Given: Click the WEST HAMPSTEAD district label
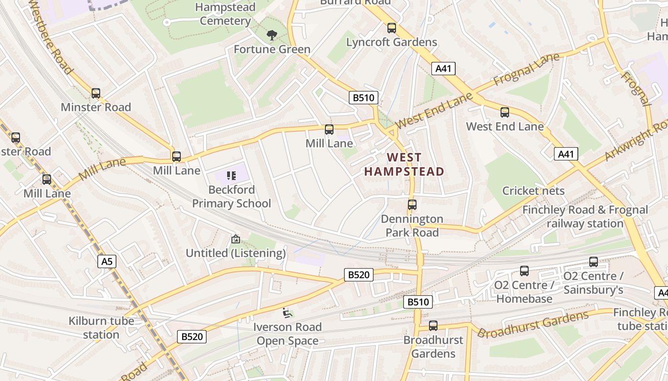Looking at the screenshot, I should pos(404,164).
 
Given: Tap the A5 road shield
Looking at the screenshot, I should pos(107,261).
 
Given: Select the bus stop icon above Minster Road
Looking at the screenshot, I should pos(96,93).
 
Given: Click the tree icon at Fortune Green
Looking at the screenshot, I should pos(272,35).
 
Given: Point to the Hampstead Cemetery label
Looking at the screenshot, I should pos(225,14).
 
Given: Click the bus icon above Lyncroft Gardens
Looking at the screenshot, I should pos(392,28).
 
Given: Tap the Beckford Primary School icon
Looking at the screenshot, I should pos(231,175).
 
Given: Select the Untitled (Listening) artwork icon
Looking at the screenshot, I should pos(235,239).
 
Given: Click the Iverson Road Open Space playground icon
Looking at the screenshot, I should pos(287,312).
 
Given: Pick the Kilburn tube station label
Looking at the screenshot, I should pos(101,328).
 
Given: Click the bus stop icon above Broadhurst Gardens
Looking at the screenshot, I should pos(433,326).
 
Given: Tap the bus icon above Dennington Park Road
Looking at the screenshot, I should pos(412,205).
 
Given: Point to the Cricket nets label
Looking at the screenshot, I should pos(533,191).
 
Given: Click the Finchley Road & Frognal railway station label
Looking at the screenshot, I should pos(585,217).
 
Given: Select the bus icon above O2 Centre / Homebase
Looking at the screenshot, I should pos(524,271).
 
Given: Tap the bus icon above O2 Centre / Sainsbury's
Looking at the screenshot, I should pos(593,262).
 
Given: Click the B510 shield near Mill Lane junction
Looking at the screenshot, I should pos(364,98).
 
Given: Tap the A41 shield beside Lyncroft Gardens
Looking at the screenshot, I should pos(443,69).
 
